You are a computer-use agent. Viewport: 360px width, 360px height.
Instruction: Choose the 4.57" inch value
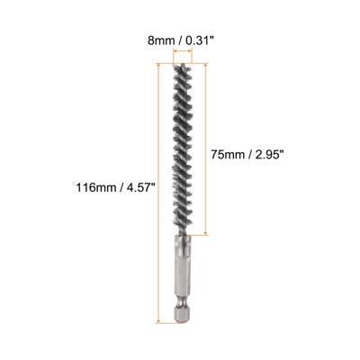click(139, 187)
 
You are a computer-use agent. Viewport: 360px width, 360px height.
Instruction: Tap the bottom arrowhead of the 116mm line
click(162, 319)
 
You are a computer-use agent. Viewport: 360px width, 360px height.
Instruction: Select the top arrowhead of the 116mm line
click(162, 65)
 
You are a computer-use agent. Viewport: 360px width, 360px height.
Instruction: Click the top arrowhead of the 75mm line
click(210, 65)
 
